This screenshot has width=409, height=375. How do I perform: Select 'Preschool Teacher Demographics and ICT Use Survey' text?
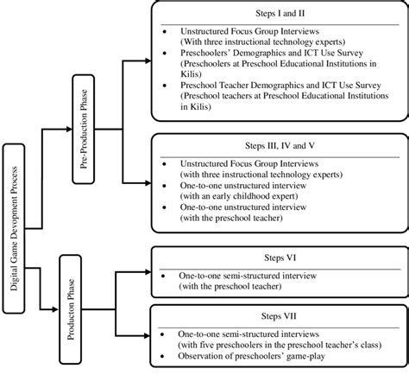(278, 86)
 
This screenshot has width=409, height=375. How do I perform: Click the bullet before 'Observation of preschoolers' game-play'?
(166, 357)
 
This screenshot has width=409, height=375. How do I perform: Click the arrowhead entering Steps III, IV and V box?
(148, 182)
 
